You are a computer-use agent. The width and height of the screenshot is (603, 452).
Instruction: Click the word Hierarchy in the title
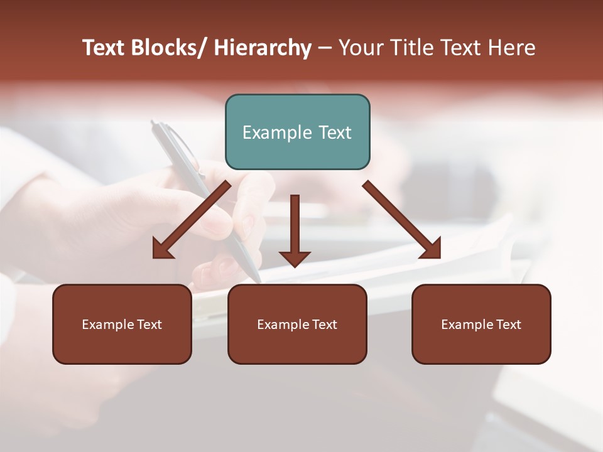pyautogui.click(x=263, y=48)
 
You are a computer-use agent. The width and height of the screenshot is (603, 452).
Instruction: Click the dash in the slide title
pyautogui.click(x=325, y=48)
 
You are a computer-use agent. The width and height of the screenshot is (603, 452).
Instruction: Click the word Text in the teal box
pyautogui.click(x=335, y=132)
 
